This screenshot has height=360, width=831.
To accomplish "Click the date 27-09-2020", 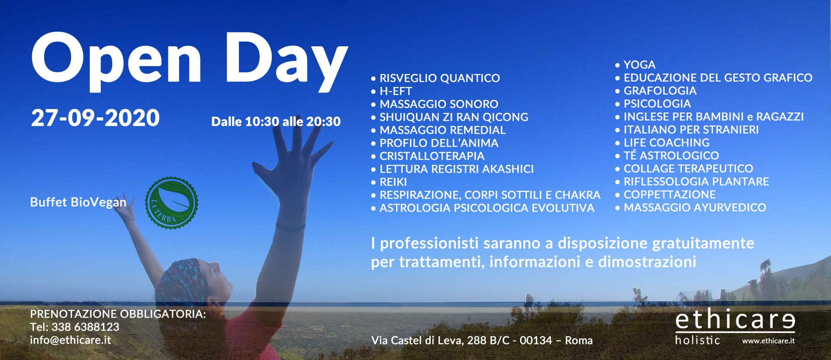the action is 95,118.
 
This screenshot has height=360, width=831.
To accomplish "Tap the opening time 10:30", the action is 262,122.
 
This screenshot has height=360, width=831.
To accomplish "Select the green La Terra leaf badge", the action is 172,202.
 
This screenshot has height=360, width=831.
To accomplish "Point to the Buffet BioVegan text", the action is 78,202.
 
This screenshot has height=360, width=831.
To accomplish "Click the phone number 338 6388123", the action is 85,327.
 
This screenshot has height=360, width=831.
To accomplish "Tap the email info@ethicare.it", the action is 71,340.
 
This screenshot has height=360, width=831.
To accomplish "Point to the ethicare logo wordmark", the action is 735,321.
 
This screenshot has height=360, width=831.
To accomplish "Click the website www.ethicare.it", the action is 768,341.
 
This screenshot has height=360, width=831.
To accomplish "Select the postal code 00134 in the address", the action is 536,340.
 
